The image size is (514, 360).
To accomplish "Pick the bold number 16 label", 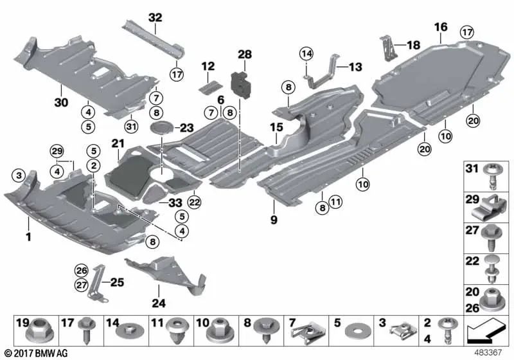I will (x=440, y=27).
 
